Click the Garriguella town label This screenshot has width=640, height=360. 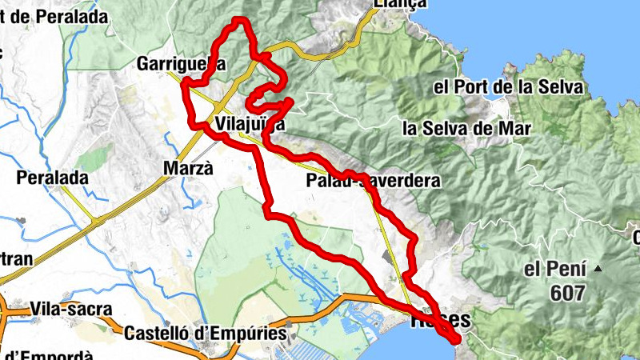(181, 63)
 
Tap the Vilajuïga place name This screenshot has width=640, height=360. (250, 124)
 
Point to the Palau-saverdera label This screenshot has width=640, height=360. (373, 182)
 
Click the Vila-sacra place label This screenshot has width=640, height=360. (72, 309)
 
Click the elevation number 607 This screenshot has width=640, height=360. (567, 294)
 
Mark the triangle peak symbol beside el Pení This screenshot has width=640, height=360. (597, 270)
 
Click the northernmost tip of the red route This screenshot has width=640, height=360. (238, 18)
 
